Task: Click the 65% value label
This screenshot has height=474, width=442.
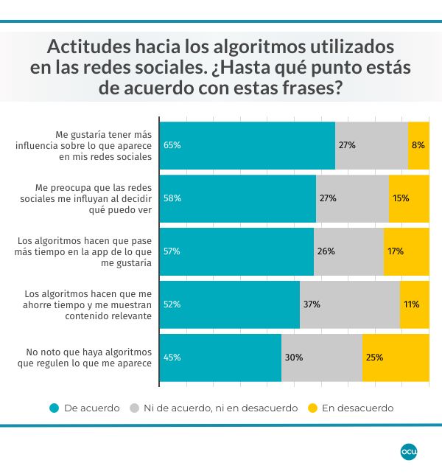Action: [172, 145]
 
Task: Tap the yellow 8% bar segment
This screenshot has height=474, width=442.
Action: [418, 145]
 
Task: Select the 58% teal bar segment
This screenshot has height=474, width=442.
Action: [237, 198]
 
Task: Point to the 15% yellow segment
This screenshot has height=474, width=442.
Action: [409, 198]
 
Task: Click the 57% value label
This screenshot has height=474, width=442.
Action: [172, 251]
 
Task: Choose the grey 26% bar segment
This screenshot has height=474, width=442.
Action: [348, 251]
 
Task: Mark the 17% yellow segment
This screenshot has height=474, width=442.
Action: [406, 251]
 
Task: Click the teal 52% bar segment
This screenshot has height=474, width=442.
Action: [229, 304]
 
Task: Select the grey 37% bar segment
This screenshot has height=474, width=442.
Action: [349, 304]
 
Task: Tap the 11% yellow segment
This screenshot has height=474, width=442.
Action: [414, 304]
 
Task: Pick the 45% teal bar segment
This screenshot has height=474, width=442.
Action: [220, 358]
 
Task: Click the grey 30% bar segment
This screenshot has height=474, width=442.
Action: [321, 358]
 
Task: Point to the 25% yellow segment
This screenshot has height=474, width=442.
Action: [396, 358]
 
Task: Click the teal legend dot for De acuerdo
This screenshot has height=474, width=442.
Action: [54, 408]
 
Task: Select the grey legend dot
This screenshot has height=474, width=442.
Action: [134, 408]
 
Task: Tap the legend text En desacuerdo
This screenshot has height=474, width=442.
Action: [357, 408]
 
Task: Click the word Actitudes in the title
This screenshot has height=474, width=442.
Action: [88, 46]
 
